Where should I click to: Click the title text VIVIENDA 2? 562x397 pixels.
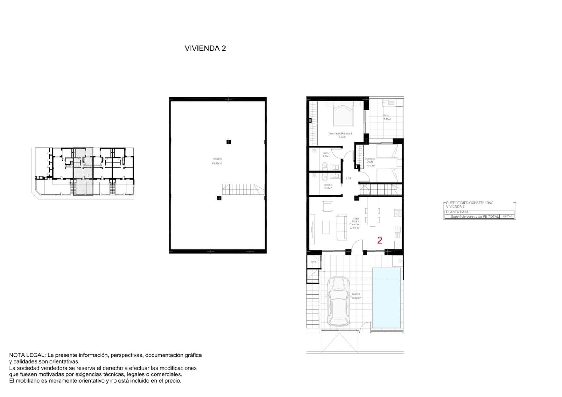[x=205, y=48]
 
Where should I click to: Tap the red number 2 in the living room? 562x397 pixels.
[x=380, y=240]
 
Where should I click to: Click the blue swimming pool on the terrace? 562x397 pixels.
[x=386, y=297]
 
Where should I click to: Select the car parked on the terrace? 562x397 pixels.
[x=339, y=301]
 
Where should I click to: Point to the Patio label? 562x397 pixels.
[x=386, y=116]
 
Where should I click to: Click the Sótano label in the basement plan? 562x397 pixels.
[x=217, y=159]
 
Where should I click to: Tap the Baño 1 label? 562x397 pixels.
[x=327, y=153]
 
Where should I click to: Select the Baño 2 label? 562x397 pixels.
[x=328, y=185]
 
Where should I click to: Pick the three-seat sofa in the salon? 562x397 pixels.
[x=342, y=227]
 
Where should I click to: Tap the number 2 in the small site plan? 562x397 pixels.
[x=88, y=175]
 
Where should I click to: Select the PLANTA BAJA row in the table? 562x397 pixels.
[x=457, y=212]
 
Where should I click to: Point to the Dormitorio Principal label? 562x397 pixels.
[x=340, y=134]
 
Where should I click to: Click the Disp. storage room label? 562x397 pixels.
[x=314, y=262]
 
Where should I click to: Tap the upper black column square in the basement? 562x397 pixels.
[x=228, y=142]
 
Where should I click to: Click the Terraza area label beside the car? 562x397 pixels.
[x=356, y=294]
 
